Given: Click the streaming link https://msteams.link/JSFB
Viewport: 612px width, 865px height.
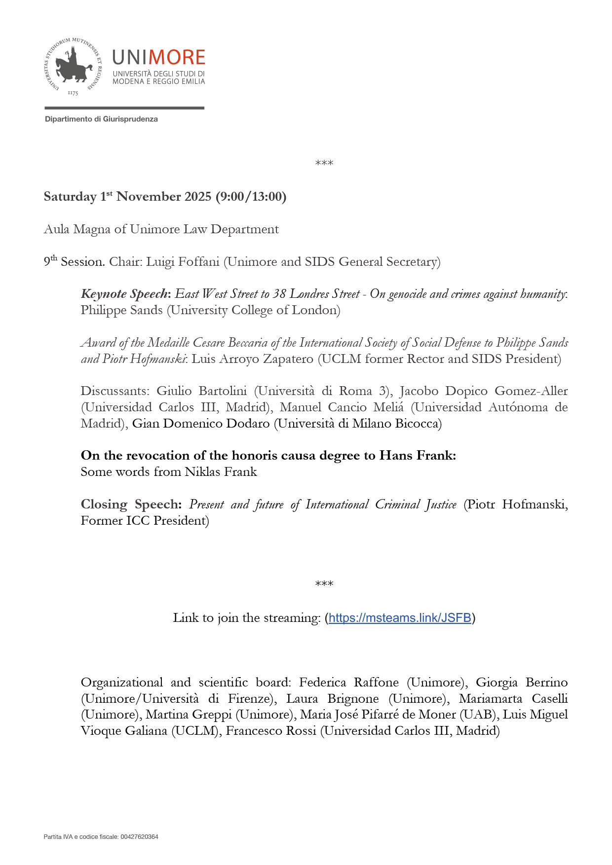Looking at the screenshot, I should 400,618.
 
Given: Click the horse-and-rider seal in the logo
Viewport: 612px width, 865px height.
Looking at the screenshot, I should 73,66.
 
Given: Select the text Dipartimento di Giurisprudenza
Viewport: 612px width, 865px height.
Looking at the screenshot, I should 101,119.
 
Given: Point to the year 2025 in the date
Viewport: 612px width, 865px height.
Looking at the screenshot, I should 198,197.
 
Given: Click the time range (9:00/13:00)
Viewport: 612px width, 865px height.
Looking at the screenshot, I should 251,197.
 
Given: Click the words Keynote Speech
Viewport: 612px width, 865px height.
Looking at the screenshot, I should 124,294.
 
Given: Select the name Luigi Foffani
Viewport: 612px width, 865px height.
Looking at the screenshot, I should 183,262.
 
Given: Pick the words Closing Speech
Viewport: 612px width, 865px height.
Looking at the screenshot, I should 131,505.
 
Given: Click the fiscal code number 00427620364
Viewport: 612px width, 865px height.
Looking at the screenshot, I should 140,837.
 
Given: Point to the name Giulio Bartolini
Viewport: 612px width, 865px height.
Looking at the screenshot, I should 201,391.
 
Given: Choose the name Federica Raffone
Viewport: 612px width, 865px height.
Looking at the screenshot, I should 348,683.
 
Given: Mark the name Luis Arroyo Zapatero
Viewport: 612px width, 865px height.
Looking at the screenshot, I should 252,359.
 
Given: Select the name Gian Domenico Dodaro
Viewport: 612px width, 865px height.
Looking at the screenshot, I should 201,424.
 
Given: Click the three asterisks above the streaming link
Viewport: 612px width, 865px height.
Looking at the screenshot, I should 324,584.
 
